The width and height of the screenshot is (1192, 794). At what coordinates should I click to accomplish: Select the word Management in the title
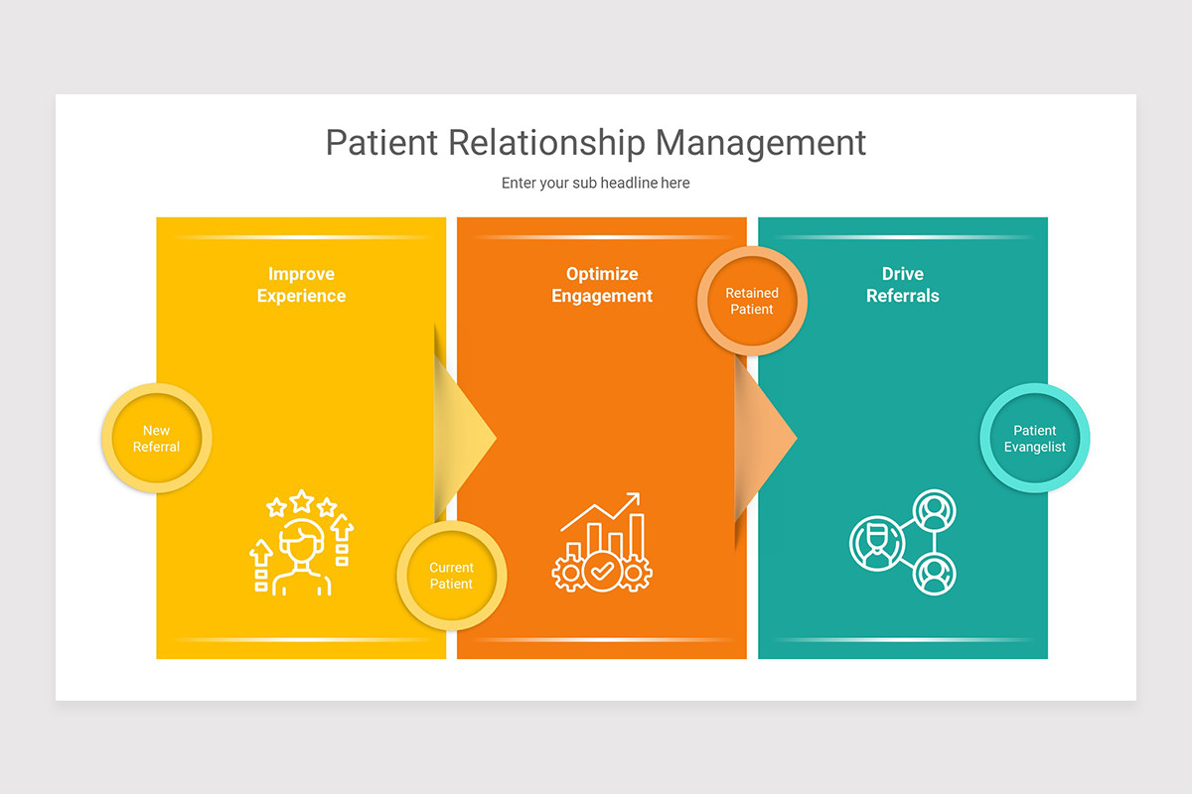(761, 143)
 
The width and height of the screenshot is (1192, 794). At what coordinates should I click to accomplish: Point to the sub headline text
(595, 184)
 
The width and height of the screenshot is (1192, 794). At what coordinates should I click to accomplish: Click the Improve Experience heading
(301, 285)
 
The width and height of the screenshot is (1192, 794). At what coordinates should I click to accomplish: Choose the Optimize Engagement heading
(602, 285)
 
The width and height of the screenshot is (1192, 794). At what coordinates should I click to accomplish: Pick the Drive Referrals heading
(902, 285)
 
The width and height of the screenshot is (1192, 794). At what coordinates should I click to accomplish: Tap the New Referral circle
(156, 439)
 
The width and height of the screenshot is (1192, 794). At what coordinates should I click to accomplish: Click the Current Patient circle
(451, 576)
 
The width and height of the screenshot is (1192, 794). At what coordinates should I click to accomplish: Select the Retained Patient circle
(752, 302)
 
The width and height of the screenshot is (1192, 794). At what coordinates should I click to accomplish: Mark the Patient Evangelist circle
(1034, 439)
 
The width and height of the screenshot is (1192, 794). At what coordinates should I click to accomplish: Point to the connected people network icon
(903, 543)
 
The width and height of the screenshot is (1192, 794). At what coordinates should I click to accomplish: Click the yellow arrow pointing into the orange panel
(466, 434)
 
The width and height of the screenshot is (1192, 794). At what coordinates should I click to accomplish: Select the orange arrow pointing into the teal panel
(766, 434)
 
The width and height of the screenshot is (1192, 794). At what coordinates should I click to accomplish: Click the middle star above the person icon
(301, 500)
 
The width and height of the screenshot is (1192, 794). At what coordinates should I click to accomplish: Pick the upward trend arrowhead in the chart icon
(632, 500)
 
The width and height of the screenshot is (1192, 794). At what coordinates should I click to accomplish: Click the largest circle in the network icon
(877, 544)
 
